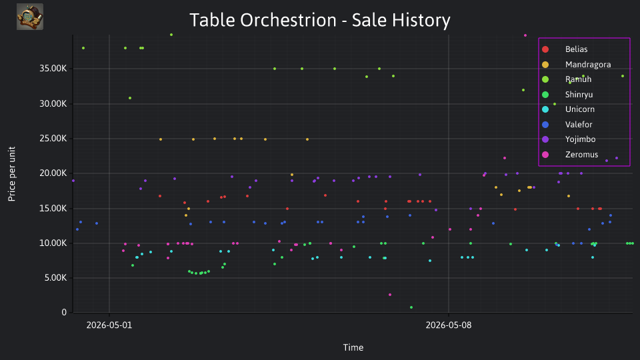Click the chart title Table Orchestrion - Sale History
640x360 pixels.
pos(320,20)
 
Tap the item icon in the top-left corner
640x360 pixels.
pos(30,17)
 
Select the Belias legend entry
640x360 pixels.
pos(565,49)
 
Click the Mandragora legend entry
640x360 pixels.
pos(576,65)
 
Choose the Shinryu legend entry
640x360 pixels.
pos(567,95)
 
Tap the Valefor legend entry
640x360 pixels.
pos(567,125)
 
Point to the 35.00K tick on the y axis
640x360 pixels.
pos(53,69)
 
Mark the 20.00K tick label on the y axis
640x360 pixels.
pos(53,173)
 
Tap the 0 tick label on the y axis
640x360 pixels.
pos(64,312)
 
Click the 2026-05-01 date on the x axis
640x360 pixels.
pos(109,325)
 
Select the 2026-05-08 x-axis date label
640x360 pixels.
pos(449,325)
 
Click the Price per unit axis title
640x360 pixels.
pos(12,174)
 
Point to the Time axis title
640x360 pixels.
pos(353,347)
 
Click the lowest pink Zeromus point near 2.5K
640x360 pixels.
pos(390,295)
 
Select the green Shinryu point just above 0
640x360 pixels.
pos(411,307)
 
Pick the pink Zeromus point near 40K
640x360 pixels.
pos(525,35)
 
